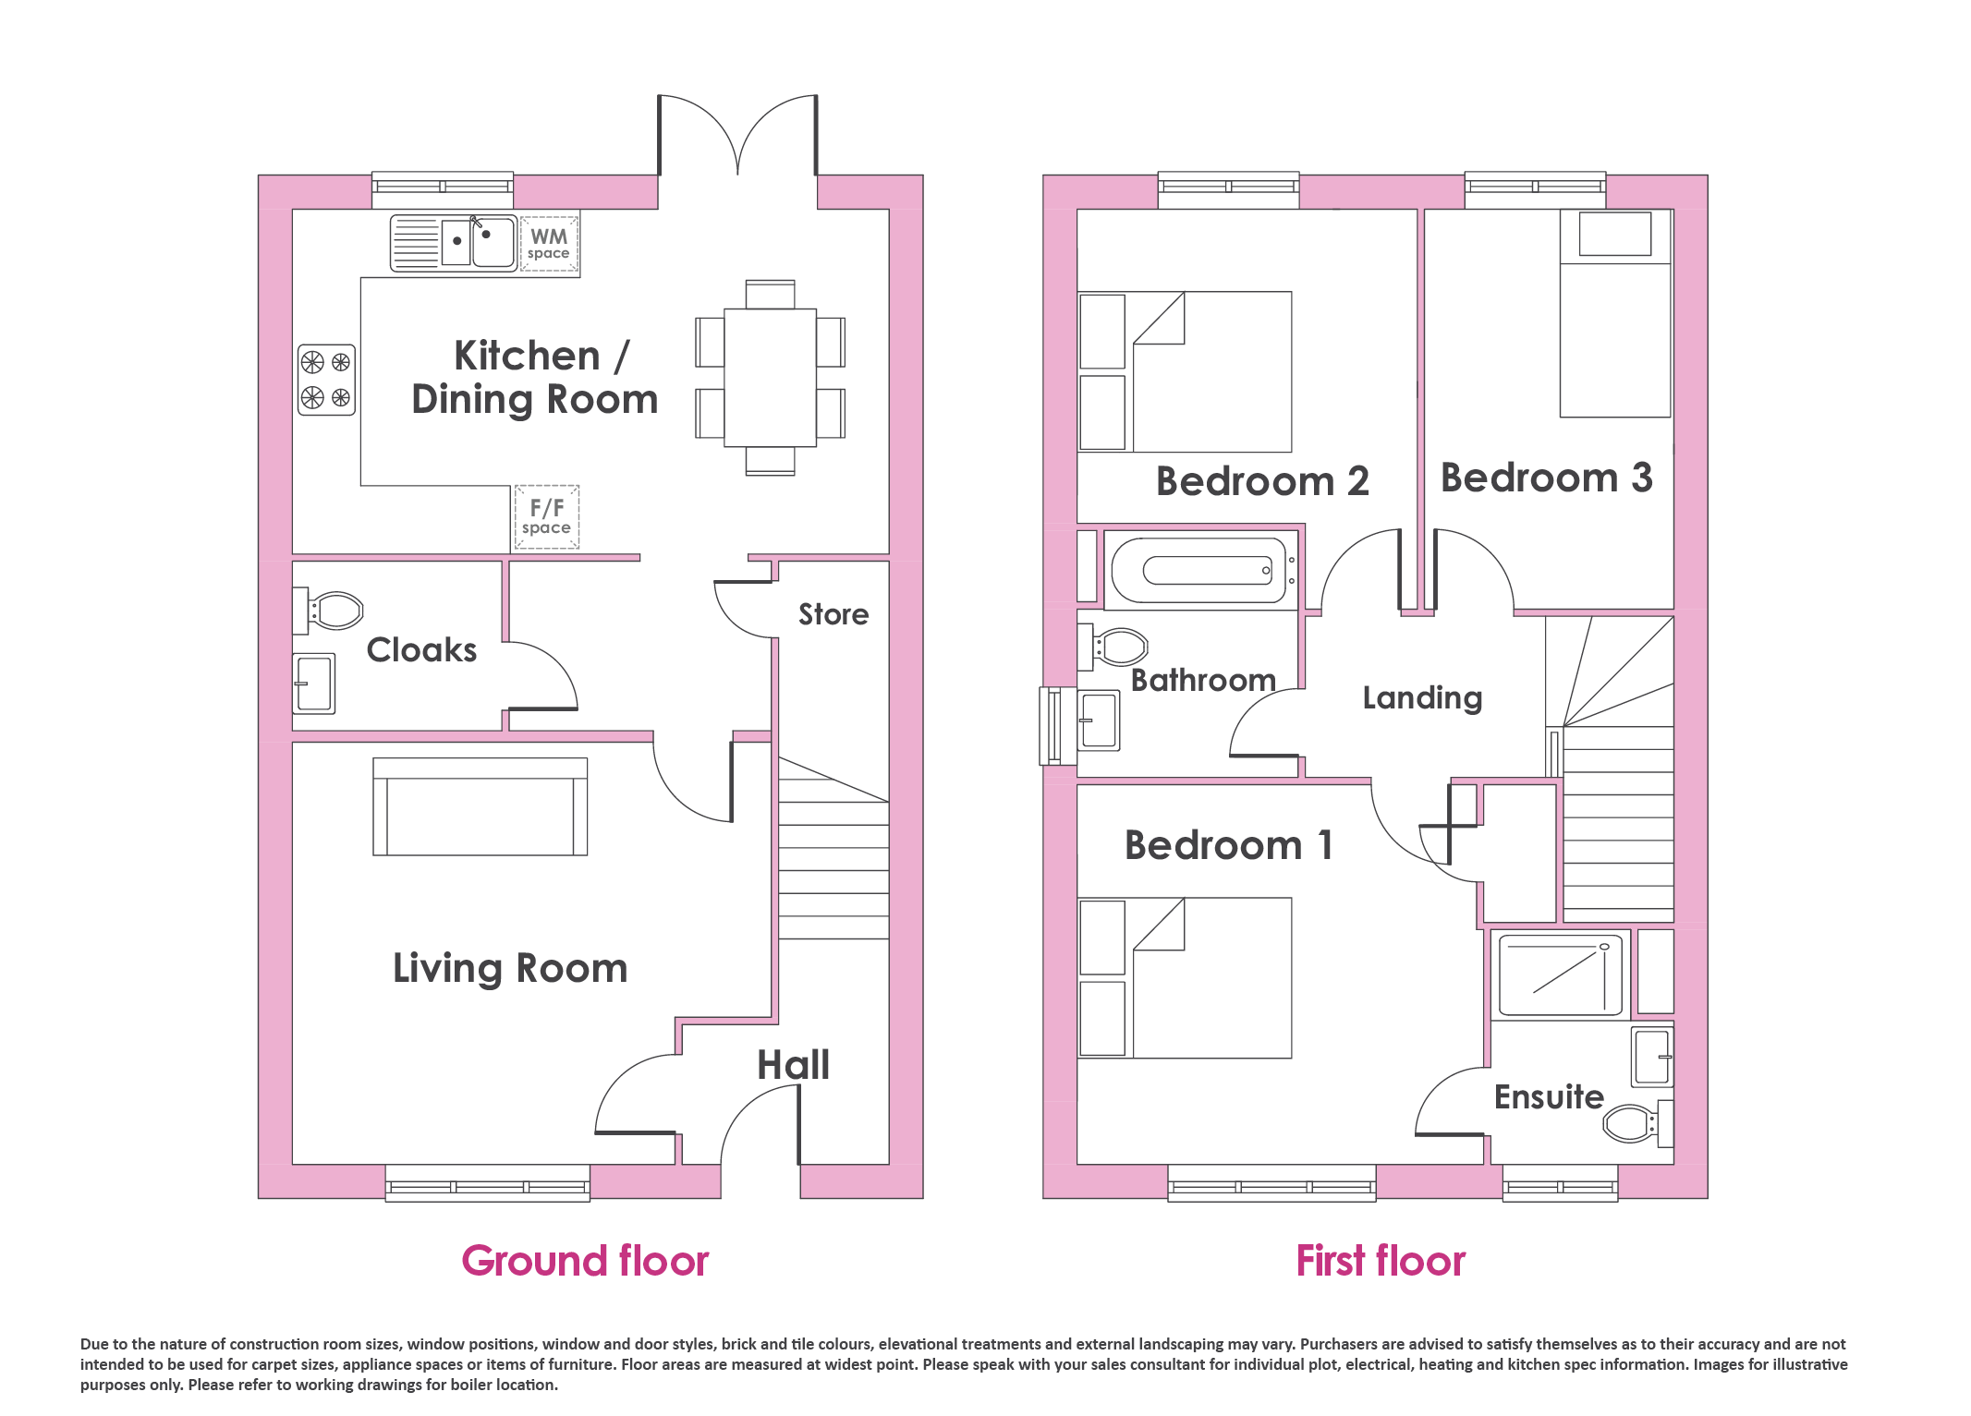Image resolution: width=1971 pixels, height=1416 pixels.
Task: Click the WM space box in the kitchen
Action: click(x=549, y=244)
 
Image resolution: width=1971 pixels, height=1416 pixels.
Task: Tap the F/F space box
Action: click(x=547, y=517)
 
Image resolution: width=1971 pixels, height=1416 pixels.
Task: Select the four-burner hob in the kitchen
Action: click(x=327, y=380)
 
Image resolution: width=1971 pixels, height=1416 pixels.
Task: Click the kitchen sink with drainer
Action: click(x=454, y=243)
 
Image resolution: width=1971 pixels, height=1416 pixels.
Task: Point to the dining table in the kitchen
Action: click(x=770, y=378)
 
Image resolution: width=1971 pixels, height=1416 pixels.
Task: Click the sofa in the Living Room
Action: click(x=481, y=806)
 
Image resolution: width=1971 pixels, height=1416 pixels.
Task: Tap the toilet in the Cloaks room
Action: click(x=329, y=611)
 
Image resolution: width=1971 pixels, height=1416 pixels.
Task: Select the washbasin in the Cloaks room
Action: click(x=314, y=684)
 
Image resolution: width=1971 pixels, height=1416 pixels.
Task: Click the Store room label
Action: click(x=833, y=614)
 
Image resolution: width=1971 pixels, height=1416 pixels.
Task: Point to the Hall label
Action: click(x=794, y=1065)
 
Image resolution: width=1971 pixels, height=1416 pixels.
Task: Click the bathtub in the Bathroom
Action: click(x=1199, y=570)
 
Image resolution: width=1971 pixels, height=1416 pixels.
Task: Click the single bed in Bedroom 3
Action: click(x=1616, y=313)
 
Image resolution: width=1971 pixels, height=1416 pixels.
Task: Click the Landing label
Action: click(x=1423, y=698)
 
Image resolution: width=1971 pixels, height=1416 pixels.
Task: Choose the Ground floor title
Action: click(x=585, y=1261)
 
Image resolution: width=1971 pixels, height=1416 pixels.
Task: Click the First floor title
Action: click(x=1381, y=1261)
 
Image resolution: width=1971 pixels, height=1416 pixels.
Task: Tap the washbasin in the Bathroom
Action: click(x=1100, y=720)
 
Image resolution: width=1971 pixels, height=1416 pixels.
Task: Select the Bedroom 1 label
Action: click(x=1229, y=845)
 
